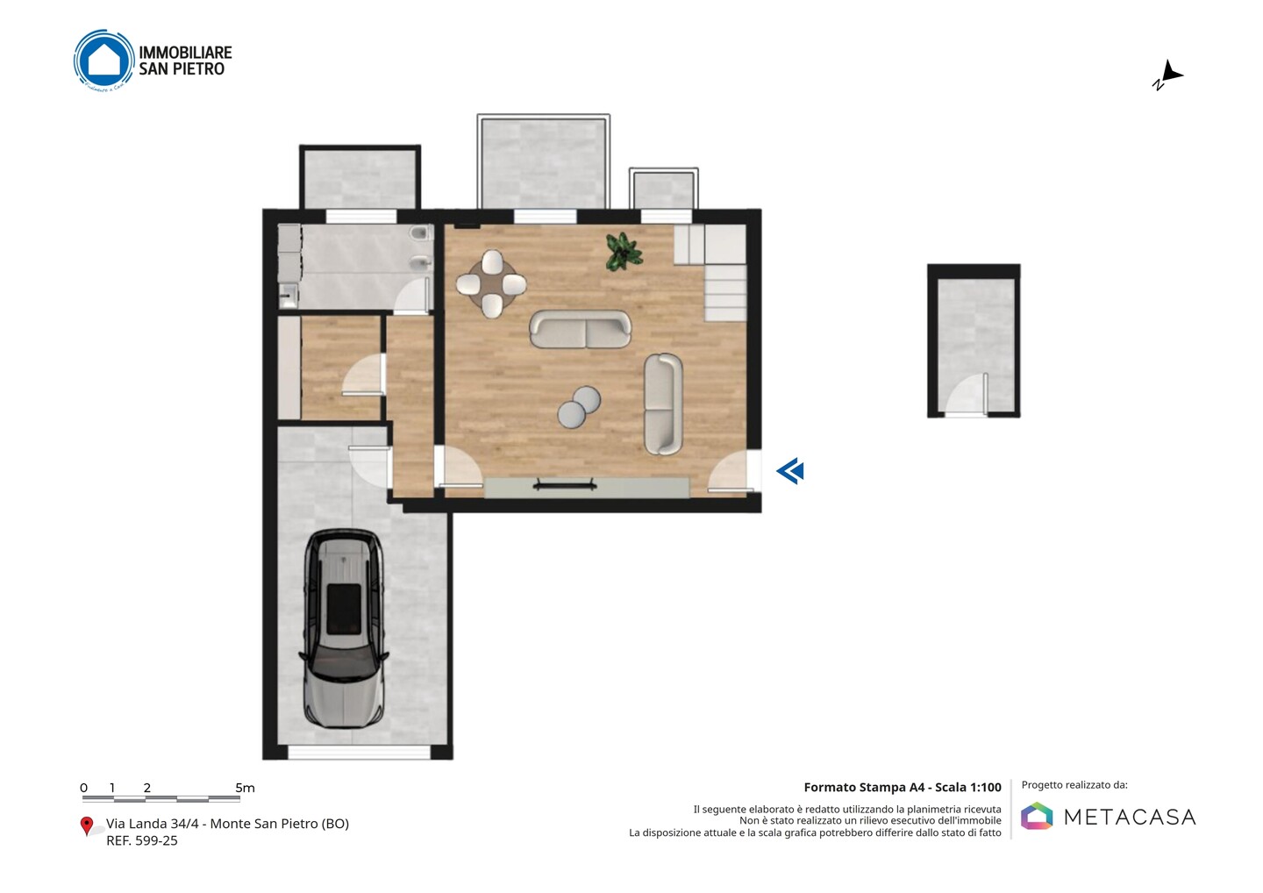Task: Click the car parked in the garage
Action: click(344, 629)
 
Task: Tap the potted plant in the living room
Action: click(624, 252)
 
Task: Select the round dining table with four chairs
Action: click(491, 284)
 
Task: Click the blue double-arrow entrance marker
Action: click(790, 471)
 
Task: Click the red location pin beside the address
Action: click(86, 826)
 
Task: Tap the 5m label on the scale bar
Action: click(245, 788)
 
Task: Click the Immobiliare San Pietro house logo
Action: click(104, 60)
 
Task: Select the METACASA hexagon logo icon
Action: click(1037, 816)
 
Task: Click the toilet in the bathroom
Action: click(420, 232)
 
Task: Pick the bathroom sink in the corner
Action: click(288, 296)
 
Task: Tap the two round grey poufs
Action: click(579, 407)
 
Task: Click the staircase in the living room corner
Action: click(710, 272)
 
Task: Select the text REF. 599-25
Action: click(142, 840)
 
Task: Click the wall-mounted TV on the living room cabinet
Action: click(565, 484)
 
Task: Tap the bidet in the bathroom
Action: click(420, 262)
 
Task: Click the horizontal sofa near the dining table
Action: click(581, 329)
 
